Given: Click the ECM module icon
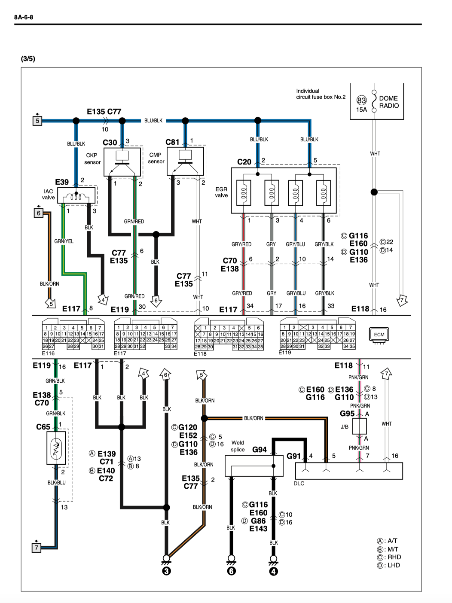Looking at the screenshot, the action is click(379, 335).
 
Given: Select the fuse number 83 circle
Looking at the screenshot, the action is click(361, 100).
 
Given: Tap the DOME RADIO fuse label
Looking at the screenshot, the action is click(389, 102).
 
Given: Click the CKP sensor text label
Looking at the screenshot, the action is click(92, 159).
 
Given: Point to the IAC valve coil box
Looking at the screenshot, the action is click(76, 195).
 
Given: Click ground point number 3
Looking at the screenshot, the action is click(167, 571).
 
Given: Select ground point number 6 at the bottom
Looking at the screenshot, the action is click(231, 571).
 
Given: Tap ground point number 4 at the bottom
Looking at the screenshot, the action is click(273, 571).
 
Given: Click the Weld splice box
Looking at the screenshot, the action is click(254, 466).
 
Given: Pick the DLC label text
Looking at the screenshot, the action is click(299, 484).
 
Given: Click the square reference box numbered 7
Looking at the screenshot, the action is click(37, 548).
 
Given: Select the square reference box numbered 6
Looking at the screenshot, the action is click(39, 213).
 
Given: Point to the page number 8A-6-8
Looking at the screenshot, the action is click(24, 17).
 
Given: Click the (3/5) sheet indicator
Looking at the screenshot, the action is click(28, 58).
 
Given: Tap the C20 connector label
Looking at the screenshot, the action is click(244, 162).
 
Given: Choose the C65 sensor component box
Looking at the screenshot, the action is click(56, 448).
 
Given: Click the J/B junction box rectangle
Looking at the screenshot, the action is click(359, 426).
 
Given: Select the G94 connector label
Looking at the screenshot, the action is click(260, 450).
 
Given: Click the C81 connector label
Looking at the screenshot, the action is click(172, 142).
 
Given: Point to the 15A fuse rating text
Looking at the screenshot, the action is click(362, 110).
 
